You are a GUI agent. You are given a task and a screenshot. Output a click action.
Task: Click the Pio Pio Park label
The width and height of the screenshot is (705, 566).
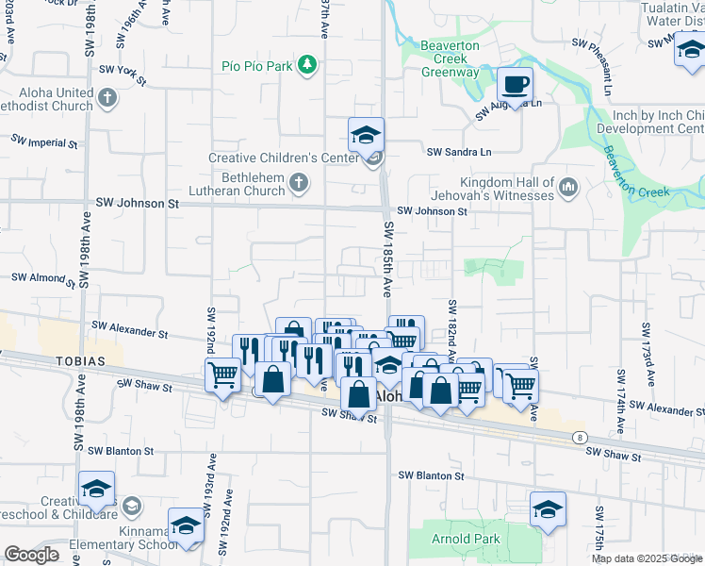pyautogui.click(x=257, y=65)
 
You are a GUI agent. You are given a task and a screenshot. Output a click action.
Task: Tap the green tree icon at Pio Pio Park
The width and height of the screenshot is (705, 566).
pyautogui.click(x=306, y=65)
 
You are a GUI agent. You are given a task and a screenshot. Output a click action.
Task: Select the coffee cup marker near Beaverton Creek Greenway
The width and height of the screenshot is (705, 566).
pyautogui.click(x=515, y=85)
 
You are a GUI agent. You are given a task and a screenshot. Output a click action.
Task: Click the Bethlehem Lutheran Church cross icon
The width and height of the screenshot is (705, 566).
pyautogui.click(x=299, y=182)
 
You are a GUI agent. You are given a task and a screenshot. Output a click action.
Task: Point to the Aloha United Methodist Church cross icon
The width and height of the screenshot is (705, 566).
pyautogui.click(x=107, y=97)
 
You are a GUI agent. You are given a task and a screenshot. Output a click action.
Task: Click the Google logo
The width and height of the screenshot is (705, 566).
pyautogui.click(x=31, y=555)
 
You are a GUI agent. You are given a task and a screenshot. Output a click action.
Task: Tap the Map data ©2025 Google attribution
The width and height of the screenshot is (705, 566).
pyautogui.click(x=647, y=558)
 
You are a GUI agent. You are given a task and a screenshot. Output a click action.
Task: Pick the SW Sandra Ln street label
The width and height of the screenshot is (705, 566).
pyautogui.click(x=459, y=151)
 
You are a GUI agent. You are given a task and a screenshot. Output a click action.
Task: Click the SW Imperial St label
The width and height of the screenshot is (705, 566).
pyautogui.click(x=43, y=141)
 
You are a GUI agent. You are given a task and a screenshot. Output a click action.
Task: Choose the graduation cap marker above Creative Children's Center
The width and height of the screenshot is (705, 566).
pyautogui.click(x=366, y=135)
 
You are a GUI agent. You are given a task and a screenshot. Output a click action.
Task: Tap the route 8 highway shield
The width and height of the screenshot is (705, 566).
pyautogui.click(x=579, y=437)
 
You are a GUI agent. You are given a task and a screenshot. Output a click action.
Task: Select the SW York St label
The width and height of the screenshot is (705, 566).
pyautogui.click(x=123, y=74)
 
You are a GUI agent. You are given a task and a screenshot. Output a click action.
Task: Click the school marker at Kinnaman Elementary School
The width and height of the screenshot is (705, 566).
pyautogui.click(x=186, y=525)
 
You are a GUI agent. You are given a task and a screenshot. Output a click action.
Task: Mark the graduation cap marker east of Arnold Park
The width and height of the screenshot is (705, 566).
pyautogui.click(x=548, y=509)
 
